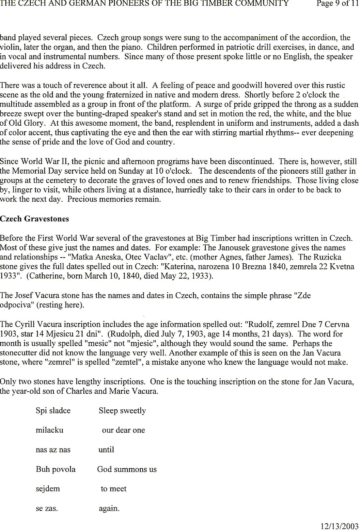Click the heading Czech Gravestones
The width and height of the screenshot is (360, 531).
pyautogui.click(x=34, y=219)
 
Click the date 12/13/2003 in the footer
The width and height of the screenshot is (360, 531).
pyautogui.click(x=339, y=525)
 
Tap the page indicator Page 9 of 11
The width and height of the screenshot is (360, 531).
pyautogui.click(x=337, y=4)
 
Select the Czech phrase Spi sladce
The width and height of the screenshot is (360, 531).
pyautogui.click(x=53, y=410)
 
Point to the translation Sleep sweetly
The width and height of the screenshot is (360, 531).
pyautogui.click(x=122, y=411)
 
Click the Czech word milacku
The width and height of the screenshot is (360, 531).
pyautogui.click(x=49, y=430)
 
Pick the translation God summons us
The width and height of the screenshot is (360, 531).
pyautogui.click(x=127, y=469)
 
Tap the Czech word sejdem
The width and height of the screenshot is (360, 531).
pyautogui.click(x=48, y=489)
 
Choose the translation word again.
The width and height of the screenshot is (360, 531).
pyautogui.click(x=109, y=509)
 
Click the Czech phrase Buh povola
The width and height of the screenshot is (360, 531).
pyautogui.click(x=56, y=469)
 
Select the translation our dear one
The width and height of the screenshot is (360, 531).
pyautogui.click(x=123, y=430)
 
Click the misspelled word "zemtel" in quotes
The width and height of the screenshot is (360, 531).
pyautogui.click(x=126, y=362)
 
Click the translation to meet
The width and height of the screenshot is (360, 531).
pyautogui.click(x=113, y=489)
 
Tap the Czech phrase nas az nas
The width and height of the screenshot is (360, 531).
pyautogui.click(x=53, y=450)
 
